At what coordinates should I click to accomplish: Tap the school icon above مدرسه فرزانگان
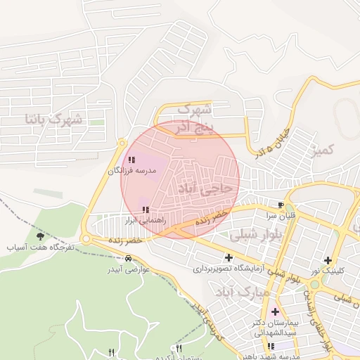tap(131, 160)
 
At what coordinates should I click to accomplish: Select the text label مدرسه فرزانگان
tap(131, 171)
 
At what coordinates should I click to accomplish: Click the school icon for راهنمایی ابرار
tap(146, 210)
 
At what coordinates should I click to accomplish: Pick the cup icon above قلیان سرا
tap(282, 205)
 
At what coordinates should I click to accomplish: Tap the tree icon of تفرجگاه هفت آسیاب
tap(40, 236)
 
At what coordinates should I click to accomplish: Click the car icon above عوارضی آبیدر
tap(127, 258)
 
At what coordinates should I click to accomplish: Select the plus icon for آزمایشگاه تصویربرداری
tap(228, 257)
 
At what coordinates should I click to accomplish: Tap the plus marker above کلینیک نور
tap(328, 260)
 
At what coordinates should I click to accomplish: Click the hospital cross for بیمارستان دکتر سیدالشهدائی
tap(274, 311)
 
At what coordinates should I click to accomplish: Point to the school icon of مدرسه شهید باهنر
tap(271, 346)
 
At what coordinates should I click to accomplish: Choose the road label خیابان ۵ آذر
tap(271, 140)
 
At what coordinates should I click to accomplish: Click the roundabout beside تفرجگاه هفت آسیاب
tap(86, 240)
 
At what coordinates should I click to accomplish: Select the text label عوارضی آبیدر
tap(127, 269)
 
